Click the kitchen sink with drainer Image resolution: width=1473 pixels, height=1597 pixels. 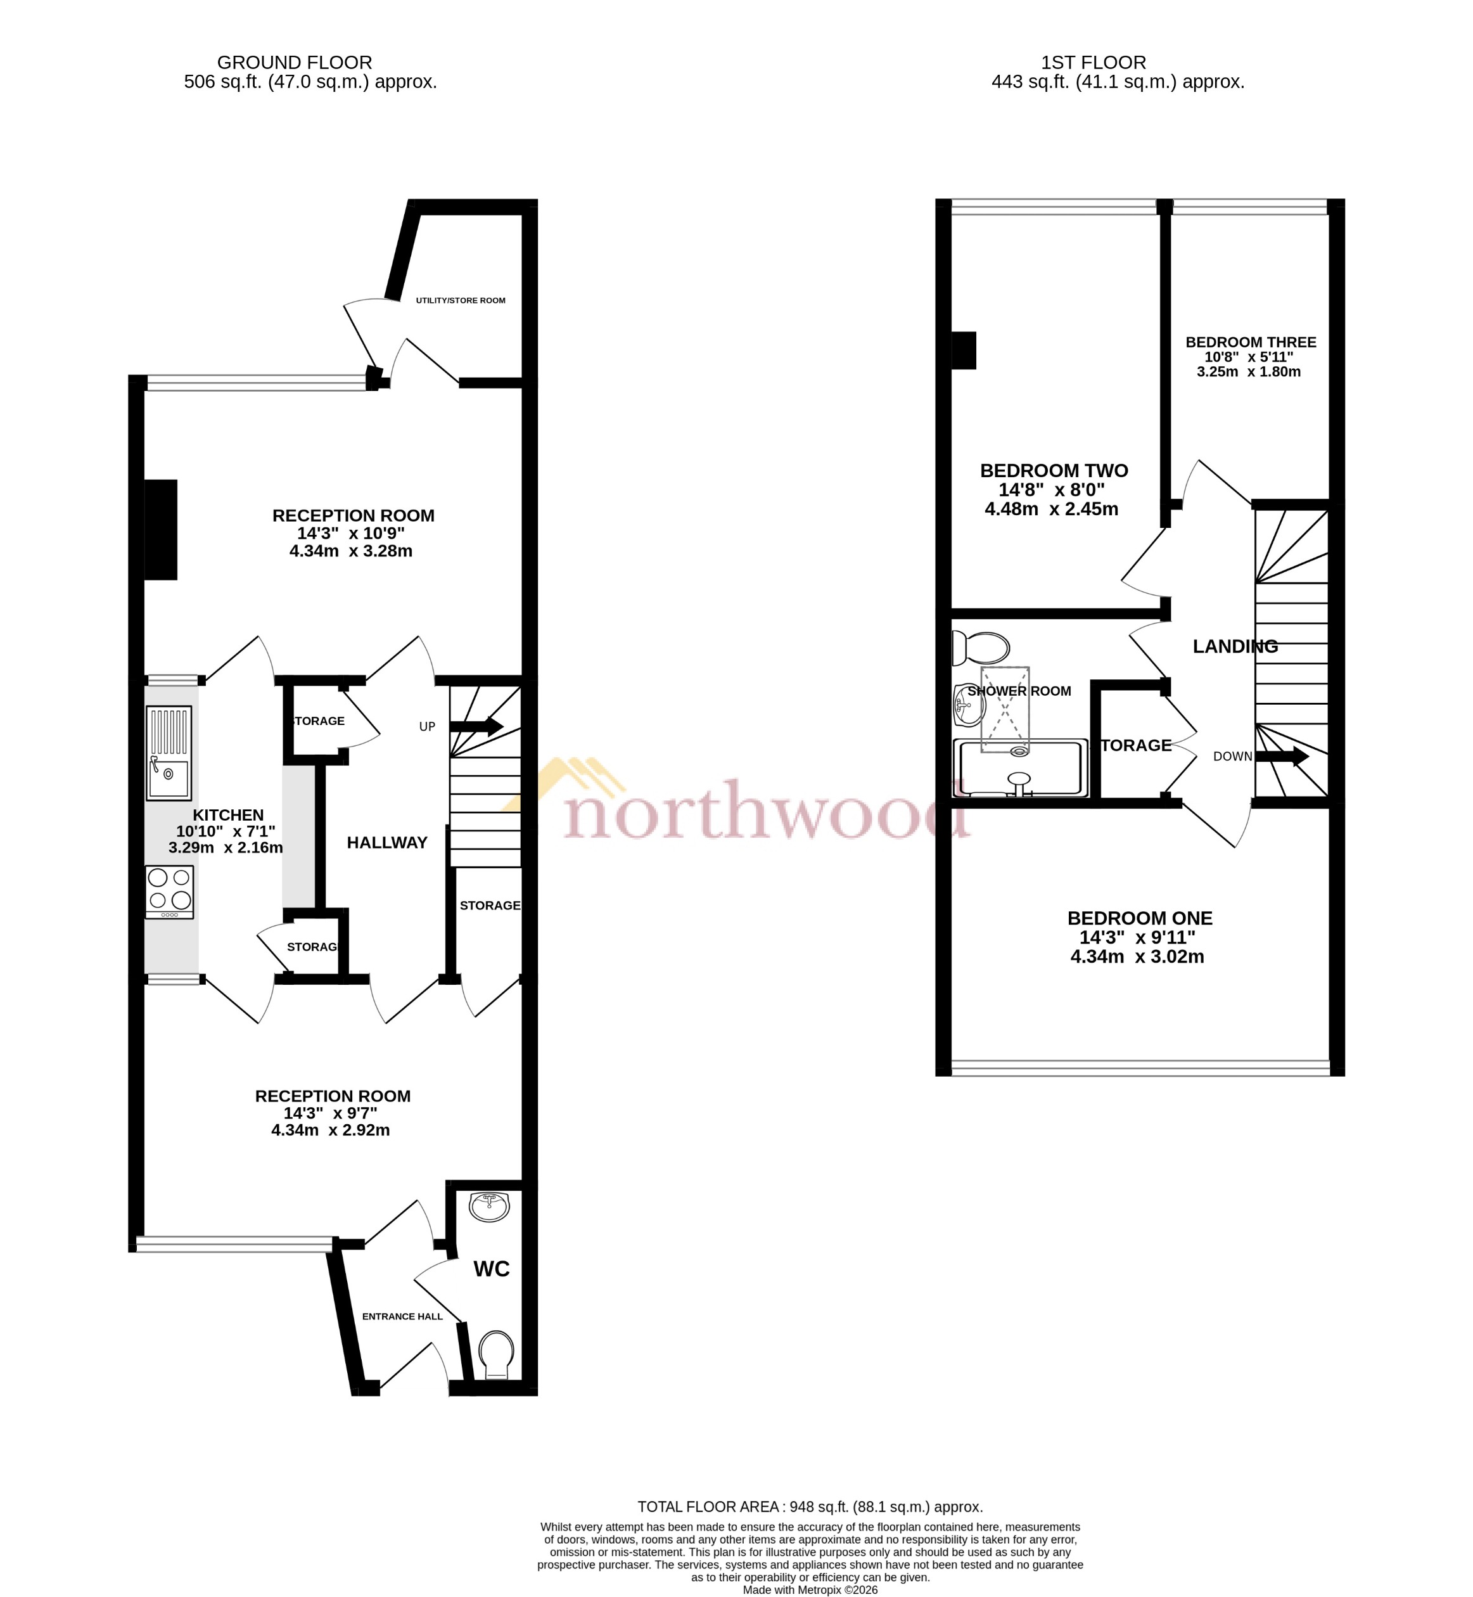point(168,753)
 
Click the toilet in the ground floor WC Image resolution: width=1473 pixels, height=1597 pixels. point(497,1354)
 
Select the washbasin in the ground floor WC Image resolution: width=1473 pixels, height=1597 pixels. point(489,1207)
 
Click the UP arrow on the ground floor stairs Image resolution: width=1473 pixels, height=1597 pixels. point(476,726)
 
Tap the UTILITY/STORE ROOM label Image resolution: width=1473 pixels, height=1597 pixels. point(461,300)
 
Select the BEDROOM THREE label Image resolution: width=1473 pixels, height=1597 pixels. point(1251,342)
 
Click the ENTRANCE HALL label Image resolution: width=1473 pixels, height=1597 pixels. point(402,1316)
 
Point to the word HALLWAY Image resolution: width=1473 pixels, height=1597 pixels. point(386,843)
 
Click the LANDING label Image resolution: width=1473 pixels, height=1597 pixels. point(1235,646)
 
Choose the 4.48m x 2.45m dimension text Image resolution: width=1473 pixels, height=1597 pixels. point(1050,509)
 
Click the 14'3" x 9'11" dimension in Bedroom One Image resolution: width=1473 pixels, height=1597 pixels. point(1137,938)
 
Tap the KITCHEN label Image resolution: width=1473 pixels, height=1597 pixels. point(228,815)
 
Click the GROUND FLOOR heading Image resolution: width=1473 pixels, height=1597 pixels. point(294,62)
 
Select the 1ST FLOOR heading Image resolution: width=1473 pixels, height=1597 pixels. point(1094,62)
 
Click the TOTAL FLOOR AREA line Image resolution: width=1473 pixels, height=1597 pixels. point(810,1507)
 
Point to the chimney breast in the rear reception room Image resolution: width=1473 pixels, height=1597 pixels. point(160,529)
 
